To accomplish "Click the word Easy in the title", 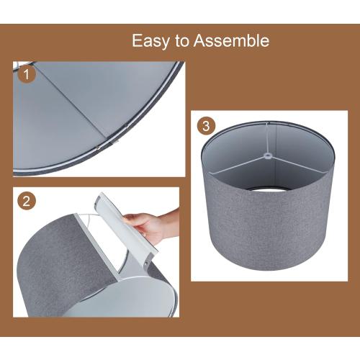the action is click(150, 41).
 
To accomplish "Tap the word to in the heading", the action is click(182, 41).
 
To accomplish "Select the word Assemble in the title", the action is click(231, 40).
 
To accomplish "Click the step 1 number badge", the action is click(27, 74).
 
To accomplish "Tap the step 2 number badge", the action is click(27, 201).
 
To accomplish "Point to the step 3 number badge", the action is click(206, 126).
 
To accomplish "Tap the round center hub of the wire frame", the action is click(267, 156).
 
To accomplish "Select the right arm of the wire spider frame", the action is click(300, 165).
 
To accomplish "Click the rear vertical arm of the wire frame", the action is click(266, 138).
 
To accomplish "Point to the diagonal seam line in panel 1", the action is click(72, 103).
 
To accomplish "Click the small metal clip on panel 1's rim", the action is click(114, 143).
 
